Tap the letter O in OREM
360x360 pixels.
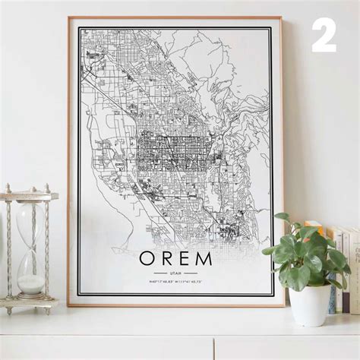click(147, 258)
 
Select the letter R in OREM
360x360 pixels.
click(167, 258)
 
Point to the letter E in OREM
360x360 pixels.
click(185, 258)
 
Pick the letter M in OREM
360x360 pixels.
click(204, 258)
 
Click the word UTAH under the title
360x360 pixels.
click(175, 273)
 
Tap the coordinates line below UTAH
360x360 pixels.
click(175, 282)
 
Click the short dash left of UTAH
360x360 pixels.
click(159, 273)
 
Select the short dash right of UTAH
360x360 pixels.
click(191, 273)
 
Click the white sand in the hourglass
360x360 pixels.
click(31, 285)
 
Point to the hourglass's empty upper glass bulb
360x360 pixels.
click(30, 220)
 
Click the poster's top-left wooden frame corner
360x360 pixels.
click(69, 19)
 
